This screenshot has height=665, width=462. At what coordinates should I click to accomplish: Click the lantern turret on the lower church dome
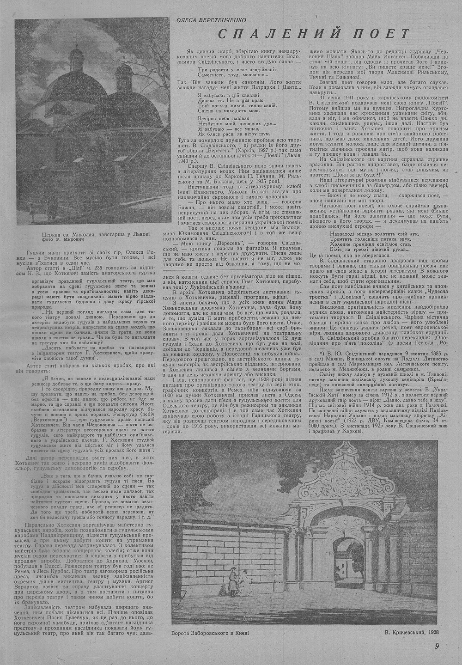point(124,72)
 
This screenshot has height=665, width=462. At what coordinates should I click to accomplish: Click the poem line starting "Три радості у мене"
point(237,69)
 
